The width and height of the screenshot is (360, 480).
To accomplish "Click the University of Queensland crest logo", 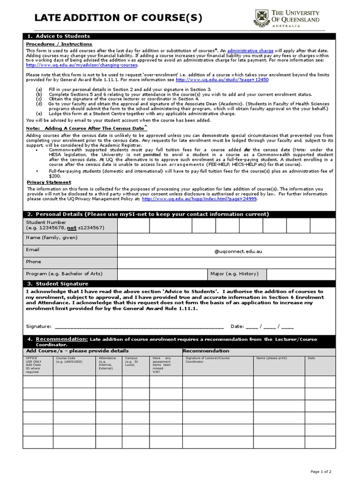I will coord(261,18).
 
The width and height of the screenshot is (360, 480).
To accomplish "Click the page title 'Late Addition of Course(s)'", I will coord(119,18).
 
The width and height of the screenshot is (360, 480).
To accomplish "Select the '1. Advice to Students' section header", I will coord(59,36).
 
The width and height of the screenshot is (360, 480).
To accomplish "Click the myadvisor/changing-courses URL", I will coord(82,65).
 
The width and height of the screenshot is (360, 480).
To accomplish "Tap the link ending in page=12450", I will coord(222,80).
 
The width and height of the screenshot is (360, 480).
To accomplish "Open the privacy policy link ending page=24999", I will coord(199,199).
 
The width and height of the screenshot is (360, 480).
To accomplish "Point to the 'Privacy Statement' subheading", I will coord(49,182).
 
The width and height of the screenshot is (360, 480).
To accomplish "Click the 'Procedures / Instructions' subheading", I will coord(59,44).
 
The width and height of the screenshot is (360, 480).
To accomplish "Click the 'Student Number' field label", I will coord(46,222).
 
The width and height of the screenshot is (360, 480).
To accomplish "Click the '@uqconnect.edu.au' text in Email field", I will coord(238,251).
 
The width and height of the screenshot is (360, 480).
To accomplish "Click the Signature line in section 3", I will coord(139,326).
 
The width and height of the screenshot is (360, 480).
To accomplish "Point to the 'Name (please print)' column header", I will coord(271,359).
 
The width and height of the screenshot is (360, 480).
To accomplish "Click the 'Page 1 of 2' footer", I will coord(321,471).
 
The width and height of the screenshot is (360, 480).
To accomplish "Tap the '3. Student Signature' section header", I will coord(58,284).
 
